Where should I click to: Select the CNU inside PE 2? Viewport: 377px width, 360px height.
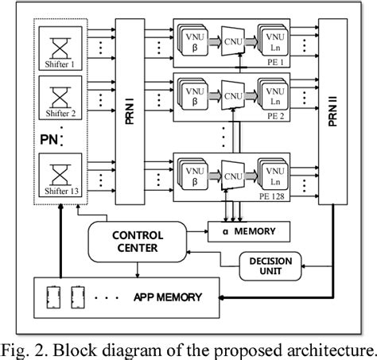click(231, 97)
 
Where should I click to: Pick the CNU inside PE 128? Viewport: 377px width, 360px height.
click(231, 174)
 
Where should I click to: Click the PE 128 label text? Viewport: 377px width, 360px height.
click(282, 193)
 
